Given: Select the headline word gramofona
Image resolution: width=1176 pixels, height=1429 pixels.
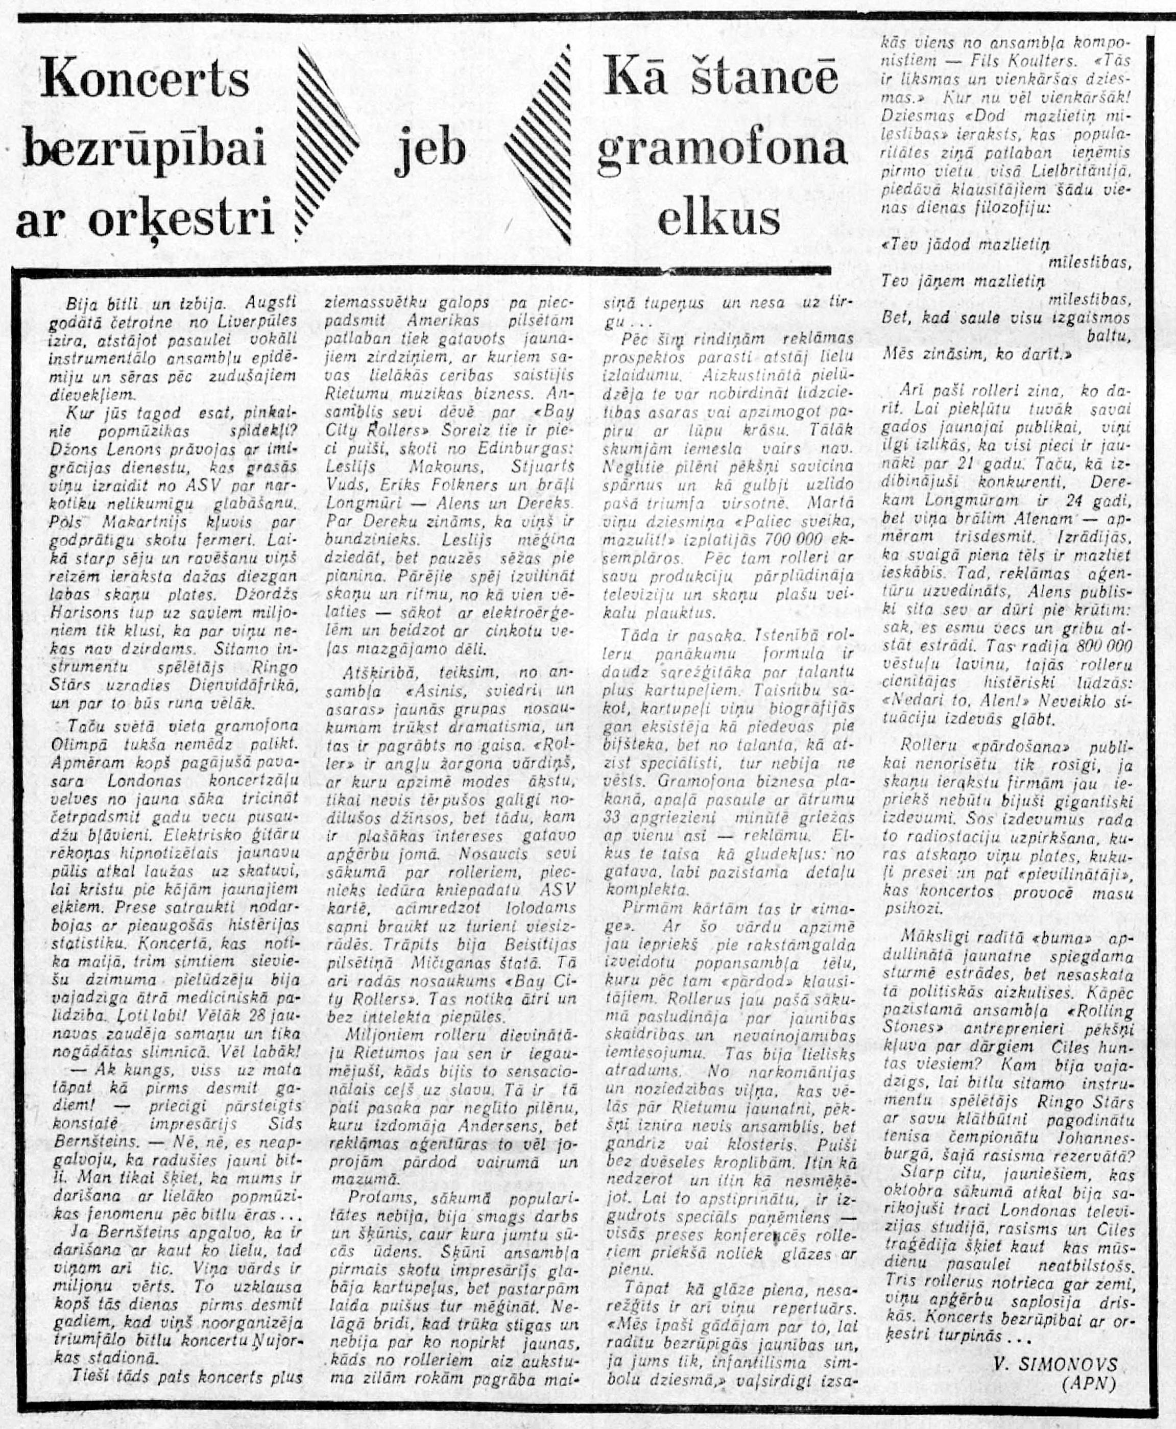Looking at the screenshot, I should pos(722,150).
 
